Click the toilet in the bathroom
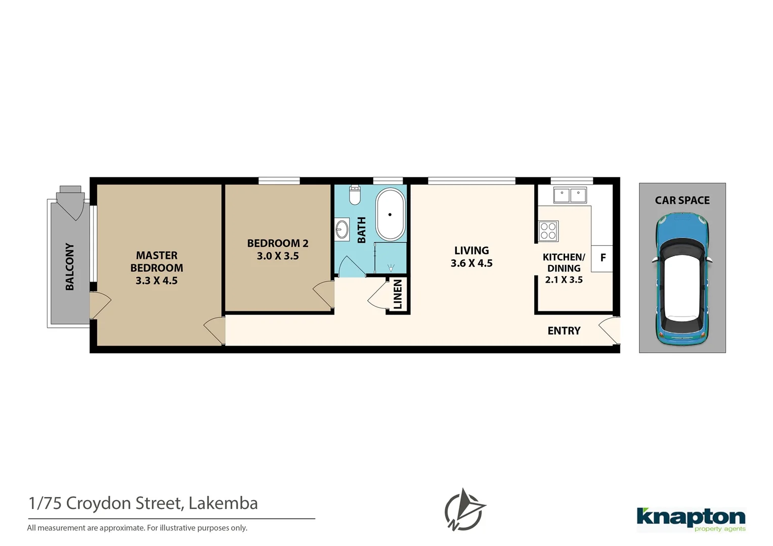(x=355, y=195)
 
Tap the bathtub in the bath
(x=390, y=214)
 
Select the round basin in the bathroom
(x=342, y=229)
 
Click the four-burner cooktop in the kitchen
(x=548, y=231)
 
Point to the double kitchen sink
(x=570, y=195)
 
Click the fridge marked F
(x=603, y=258)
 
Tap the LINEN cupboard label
(x=398, y=294)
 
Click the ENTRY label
(x=564, y=331)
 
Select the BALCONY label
(x=70, y=266)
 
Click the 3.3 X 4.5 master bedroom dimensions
(x=156, y=281)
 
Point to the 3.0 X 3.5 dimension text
(x=278, y=256)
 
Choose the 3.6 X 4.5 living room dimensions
(x=471, y=263)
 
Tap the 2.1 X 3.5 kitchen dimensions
(x=564, y=280)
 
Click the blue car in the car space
(x=682, y=278)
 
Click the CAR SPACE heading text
(x=682, y=200)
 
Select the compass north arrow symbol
(x=464, y=510)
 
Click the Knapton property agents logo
(x=691, y=519)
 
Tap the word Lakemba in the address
(x=223, y=503)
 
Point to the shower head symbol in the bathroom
(x=391, y=267)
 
